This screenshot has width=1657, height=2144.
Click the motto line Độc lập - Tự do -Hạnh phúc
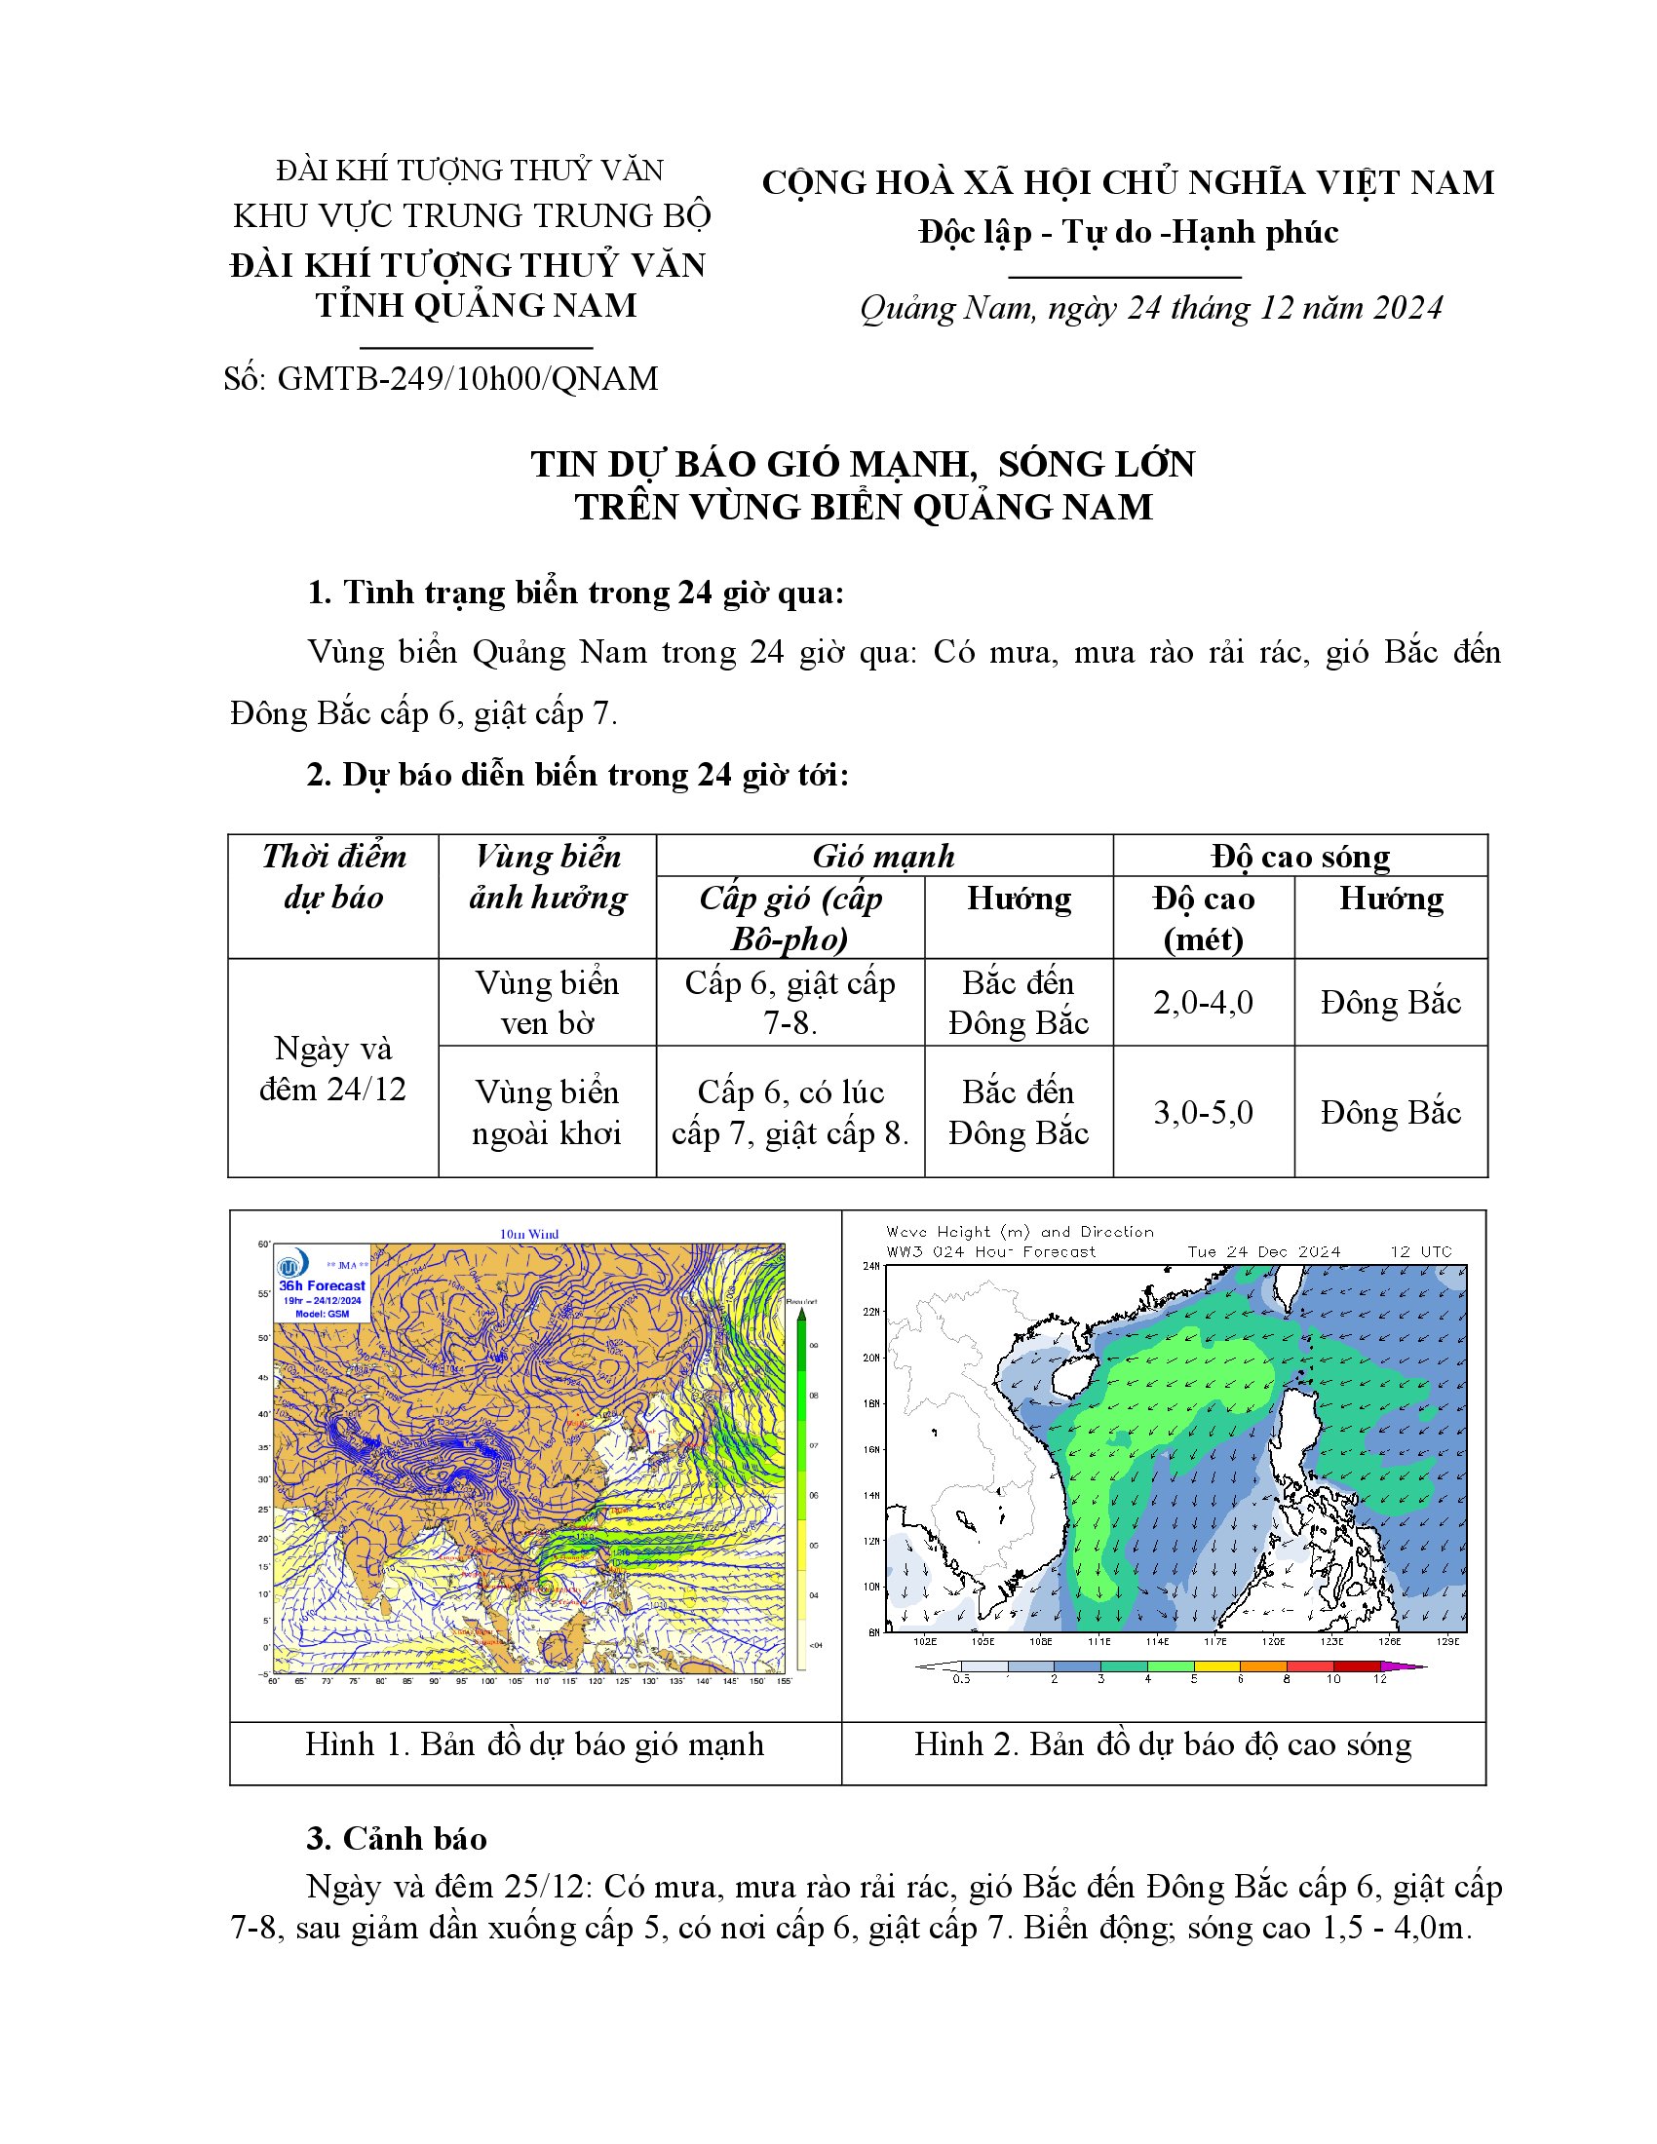1128,233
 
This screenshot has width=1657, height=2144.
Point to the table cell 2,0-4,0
1203,1002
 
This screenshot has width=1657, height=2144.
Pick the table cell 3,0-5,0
1203,1112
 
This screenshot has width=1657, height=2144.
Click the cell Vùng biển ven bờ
547,1002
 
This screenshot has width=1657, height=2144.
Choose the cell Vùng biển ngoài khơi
547,1112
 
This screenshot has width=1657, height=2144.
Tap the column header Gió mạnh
883,856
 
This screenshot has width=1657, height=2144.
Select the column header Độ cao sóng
1299,856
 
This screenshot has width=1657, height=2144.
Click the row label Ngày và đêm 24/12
332,1068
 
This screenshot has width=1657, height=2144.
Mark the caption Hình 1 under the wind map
534,1743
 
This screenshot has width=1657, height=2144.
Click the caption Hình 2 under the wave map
1162,1743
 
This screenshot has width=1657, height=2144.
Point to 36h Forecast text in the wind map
322,1285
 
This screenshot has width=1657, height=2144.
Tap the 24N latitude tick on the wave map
870,1266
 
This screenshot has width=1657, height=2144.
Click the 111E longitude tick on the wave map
1098,1641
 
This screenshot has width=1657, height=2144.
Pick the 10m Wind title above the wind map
529,1234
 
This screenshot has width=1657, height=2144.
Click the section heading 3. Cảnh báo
397,1838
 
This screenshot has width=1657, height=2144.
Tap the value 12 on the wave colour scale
1379,1680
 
